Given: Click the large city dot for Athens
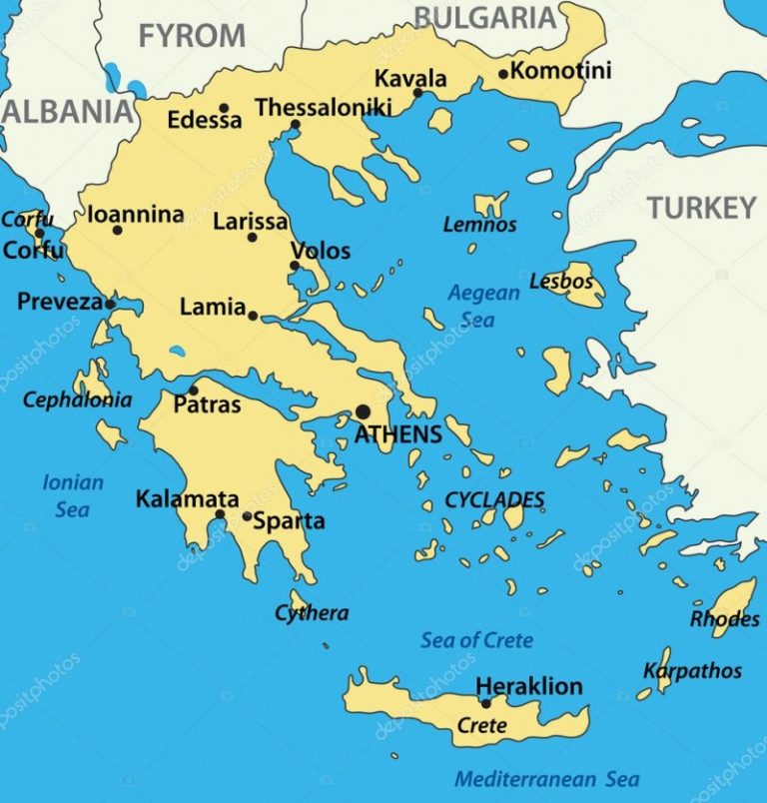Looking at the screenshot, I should point(363,411).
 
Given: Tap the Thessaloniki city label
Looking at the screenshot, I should point(323,107).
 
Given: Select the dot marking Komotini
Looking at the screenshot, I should point(503,73).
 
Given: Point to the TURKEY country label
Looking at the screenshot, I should point(701,208).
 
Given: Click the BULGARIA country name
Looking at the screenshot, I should point(484,17).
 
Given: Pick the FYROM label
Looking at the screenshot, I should point(192,36).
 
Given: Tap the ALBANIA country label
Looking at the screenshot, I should point(66,111).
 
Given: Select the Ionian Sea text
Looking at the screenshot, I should point(72,495).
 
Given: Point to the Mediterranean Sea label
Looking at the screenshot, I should point(546,779).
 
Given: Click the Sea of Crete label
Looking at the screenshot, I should point(476,640).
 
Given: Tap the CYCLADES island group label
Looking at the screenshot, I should point(494,499).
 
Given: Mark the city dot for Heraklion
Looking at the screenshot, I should point(486,703).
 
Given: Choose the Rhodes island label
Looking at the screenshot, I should point(724,619).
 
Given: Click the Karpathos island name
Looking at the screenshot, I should point(692,670).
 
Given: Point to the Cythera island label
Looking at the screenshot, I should point(312,613).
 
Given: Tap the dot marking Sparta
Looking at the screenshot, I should point(247,516).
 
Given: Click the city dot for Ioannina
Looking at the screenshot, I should point(117,230).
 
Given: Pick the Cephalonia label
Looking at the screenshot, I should point(77,401).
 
